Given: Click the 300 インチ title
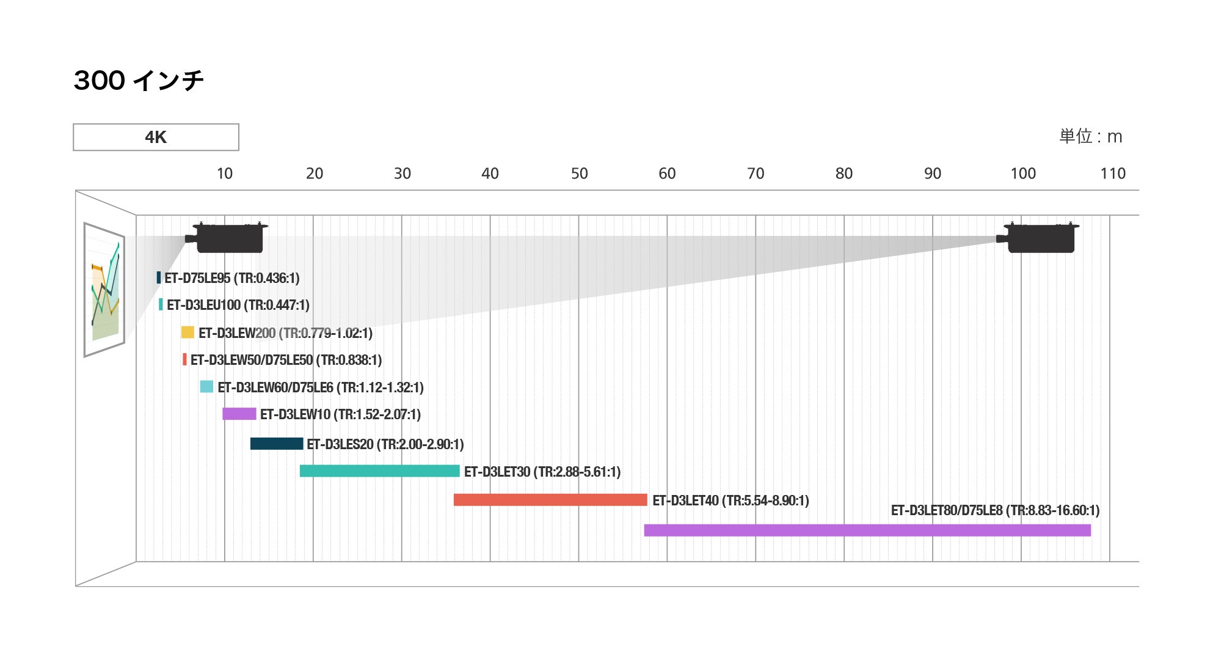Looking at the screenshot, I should (139, 80).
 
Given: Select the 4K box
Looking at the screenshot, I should (156, 137).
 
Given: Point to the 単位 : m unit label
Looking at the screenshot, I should (1090, 136).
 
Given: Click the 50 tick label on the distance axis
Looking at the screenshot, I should (579, 174).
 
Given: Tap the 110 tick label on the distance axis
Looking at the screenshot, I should (1112, 174).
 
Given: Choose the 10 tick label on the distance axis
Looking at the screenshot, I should (225, 174).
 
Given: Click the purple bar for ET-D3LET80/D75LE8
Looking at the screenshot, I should (867, 530).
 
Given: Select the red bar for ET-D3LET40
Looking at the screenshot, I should (550, 500).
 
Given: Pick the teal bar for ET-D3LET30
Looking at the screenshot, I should (379, 471).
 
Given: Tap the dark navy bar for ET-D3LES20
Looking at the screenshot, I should (277, 444).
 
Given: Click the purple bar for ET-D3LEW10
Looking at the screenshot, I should (239, 414).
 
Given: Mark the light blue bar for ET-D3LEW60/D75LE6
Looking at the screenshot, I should (206, 386).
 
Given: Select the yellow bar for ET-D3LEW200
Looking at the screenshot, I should (188, 332).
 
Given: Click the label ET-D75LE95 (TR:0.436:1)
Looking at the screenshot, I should (232, 278).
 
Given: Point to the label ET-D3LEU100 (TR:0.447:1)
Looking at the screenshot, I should (238, 305).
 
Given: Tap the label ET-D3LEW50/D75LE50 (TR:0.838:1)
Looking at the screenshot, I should (286, 360).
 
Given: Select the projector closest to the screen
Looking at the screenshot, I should (227, 237).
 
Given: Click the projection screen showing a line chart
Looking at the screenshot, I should (104, 289).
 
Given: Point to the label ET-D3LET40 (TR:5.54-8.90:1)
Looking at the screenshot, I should (730, 501).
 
